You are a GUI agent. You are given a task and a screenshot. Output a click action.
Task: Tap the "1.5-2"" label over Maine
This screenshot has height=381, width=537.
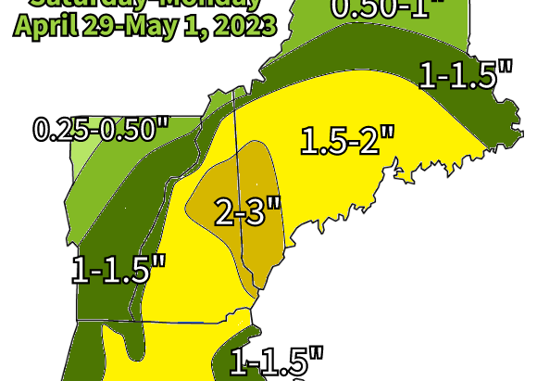click(347, 141)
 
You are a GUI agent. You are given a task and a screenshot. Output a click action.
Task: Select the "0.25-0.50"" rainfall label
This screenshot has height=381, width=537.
click(101, 130)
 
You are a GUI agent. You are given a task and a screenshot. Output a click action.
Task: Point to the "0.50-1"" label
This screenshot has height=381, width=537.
click(388, 9)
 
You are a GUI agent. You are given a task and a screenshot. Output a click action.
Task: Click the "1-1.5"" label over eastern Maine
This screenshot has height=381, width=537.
click(466, 73)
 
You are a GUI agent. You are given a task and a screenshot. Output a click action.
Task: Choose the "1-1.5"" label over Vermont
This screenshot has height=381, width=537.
click(119, 270)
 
